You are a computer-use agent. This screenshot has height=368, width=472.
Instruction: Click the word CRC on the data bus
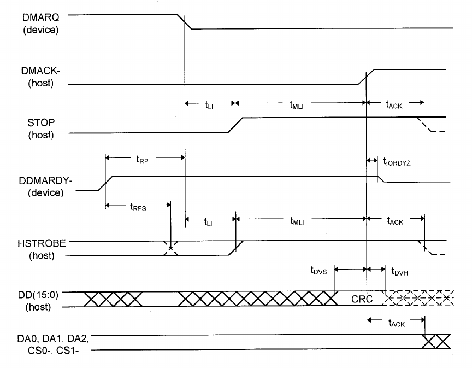click(362, 299)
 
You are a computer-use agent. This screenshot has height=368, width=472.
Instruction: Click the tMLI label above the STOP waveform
click(297, 104)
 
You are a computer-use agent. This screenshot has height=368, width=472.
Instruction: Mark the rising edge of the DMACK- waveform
click(367, 77)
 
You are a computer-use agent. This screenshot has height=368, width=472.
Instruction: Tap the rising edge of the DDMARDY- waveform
click(106, 183)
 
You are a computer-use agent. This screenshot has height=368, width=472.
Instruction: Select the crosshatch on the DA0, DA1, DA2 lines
click(437, 342)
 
